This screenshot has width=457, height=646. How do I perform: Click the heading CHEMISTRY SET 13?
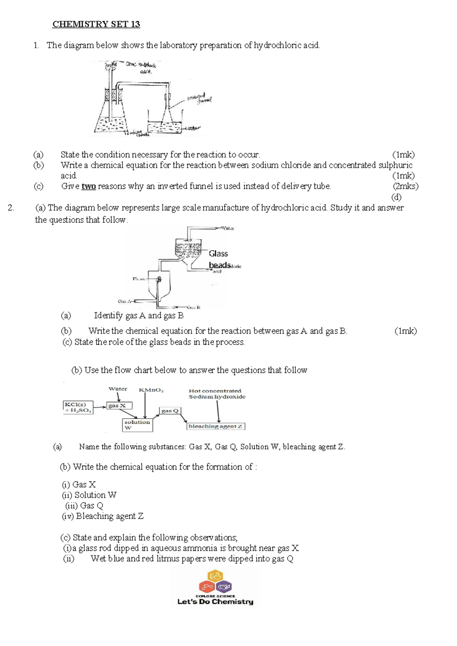(x=96, y=24)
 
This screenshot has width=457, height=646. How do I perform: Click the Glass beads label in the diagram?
(x=219, y=259)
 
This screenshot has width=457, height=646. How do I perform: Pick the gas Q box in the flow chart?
(x=169, y=411)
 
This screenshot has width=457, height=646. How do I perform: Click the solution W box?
(x=137, y=425)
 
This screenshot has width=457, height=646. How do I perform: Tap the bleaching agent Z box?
(x=216, y=426)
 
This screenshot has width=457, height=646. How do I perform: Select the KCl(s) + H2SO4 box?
(x=78, y=407)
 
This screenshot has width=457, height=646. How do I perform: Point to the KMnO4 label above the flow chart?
(x=151, y=390)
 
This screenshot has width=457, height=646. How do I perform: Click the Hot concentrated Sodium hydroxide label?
(x=217, y=393)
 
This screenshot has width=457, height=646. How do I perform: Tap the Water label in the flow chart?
(x=118, y=389)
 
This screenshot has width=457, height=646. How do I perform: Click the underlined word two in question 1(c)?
(x=88, y=186)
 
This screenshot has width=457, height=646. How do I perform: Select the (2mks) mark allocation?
(x=405, y=186)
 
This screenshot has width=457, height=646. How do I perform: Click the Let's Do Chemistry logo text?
(x=215, y=602)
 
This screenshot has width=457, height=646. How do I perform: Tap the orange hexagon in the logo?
(x=215, y=576)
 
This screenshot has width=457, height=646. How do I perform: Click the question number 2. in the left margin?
(x=11, y=208)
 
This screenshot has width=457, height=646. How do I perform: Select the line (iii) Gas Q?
(x=84, y=505)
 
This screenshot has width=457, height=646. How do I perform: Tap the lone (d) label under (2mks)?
(x=396, y=197)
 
